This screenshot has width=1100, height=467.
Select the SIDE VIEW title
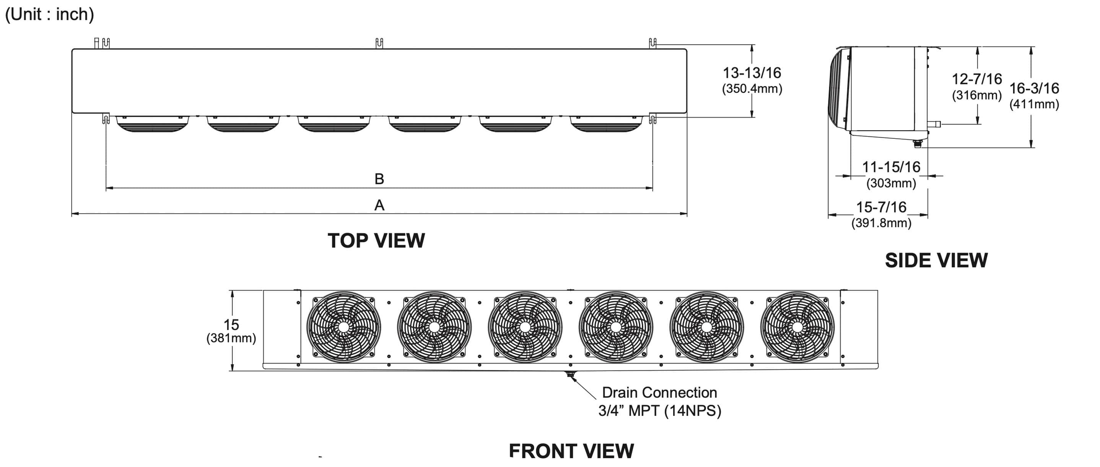pyautogui.click(x=936, y=261)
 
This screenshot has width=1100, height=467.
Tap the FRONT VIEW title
pyautogui.click(x=571, y=451)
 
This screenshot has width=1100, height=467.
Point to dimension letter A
pyautogui.click(x=379, y=206)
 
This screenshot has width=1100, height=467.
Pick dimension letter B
pyautogui.click(x=379, y=179)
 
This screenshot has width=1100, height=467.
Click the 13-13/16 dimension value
pyautogui.click(x=752, y=73)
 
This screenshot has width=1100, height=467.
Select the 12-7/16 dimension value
pyautogui.click(x=976, y=79)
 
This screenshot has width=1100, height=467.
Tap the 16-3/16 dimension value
pyautogui.click(x=1034, y=88)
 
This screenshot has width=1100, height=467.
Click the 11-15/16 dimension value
pyautogui.click(x=891, y=167)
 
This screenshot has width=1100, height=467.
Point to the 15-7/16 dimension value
pyautogui.click(x=881, y=207)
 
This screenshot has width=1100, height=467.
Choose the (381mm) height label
pyautogui.click(x=231, y=339)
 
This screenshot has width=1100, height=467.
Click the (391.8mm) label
pyautogui.click(x=881, y=223)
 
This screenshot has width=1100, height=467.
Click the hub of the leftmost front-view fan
pyautogui.click(x=343, y=327)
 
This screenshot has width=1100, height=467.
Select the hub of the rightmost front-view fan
pyautogui.click(x=797, y=327)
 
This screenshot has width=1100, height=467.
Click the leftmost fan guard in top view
pyautogui.click(x=153, y=124)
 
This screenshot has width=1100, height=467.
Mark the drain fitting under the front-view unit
pyautogui.click(x=570, y=375)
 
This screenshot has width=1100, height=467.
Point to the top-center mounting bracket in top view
pyautogui.click(x=379, y=43)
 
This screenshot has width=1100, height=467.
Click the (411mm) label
pyautogui.click(x=1034, y=104)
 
